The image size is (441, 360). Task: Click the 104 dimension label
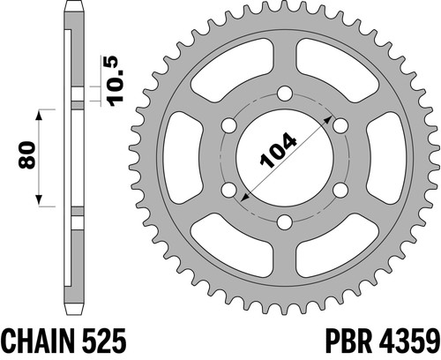click(x=278, y=150)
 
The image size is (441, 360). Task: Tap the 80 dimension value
click(x=26, y=155)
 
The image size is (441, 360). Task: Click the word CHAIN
click(x=37, y=341)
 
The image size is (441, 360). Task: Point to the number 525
click(x=103, y=341)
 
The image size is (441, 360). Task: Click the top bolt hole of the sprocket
click(x=285, y=94)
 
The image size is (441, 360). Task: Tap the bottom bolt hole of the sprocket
click(x=285, y=222)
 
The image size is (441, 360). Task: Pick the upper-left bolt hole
click(x=229, y=125)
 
